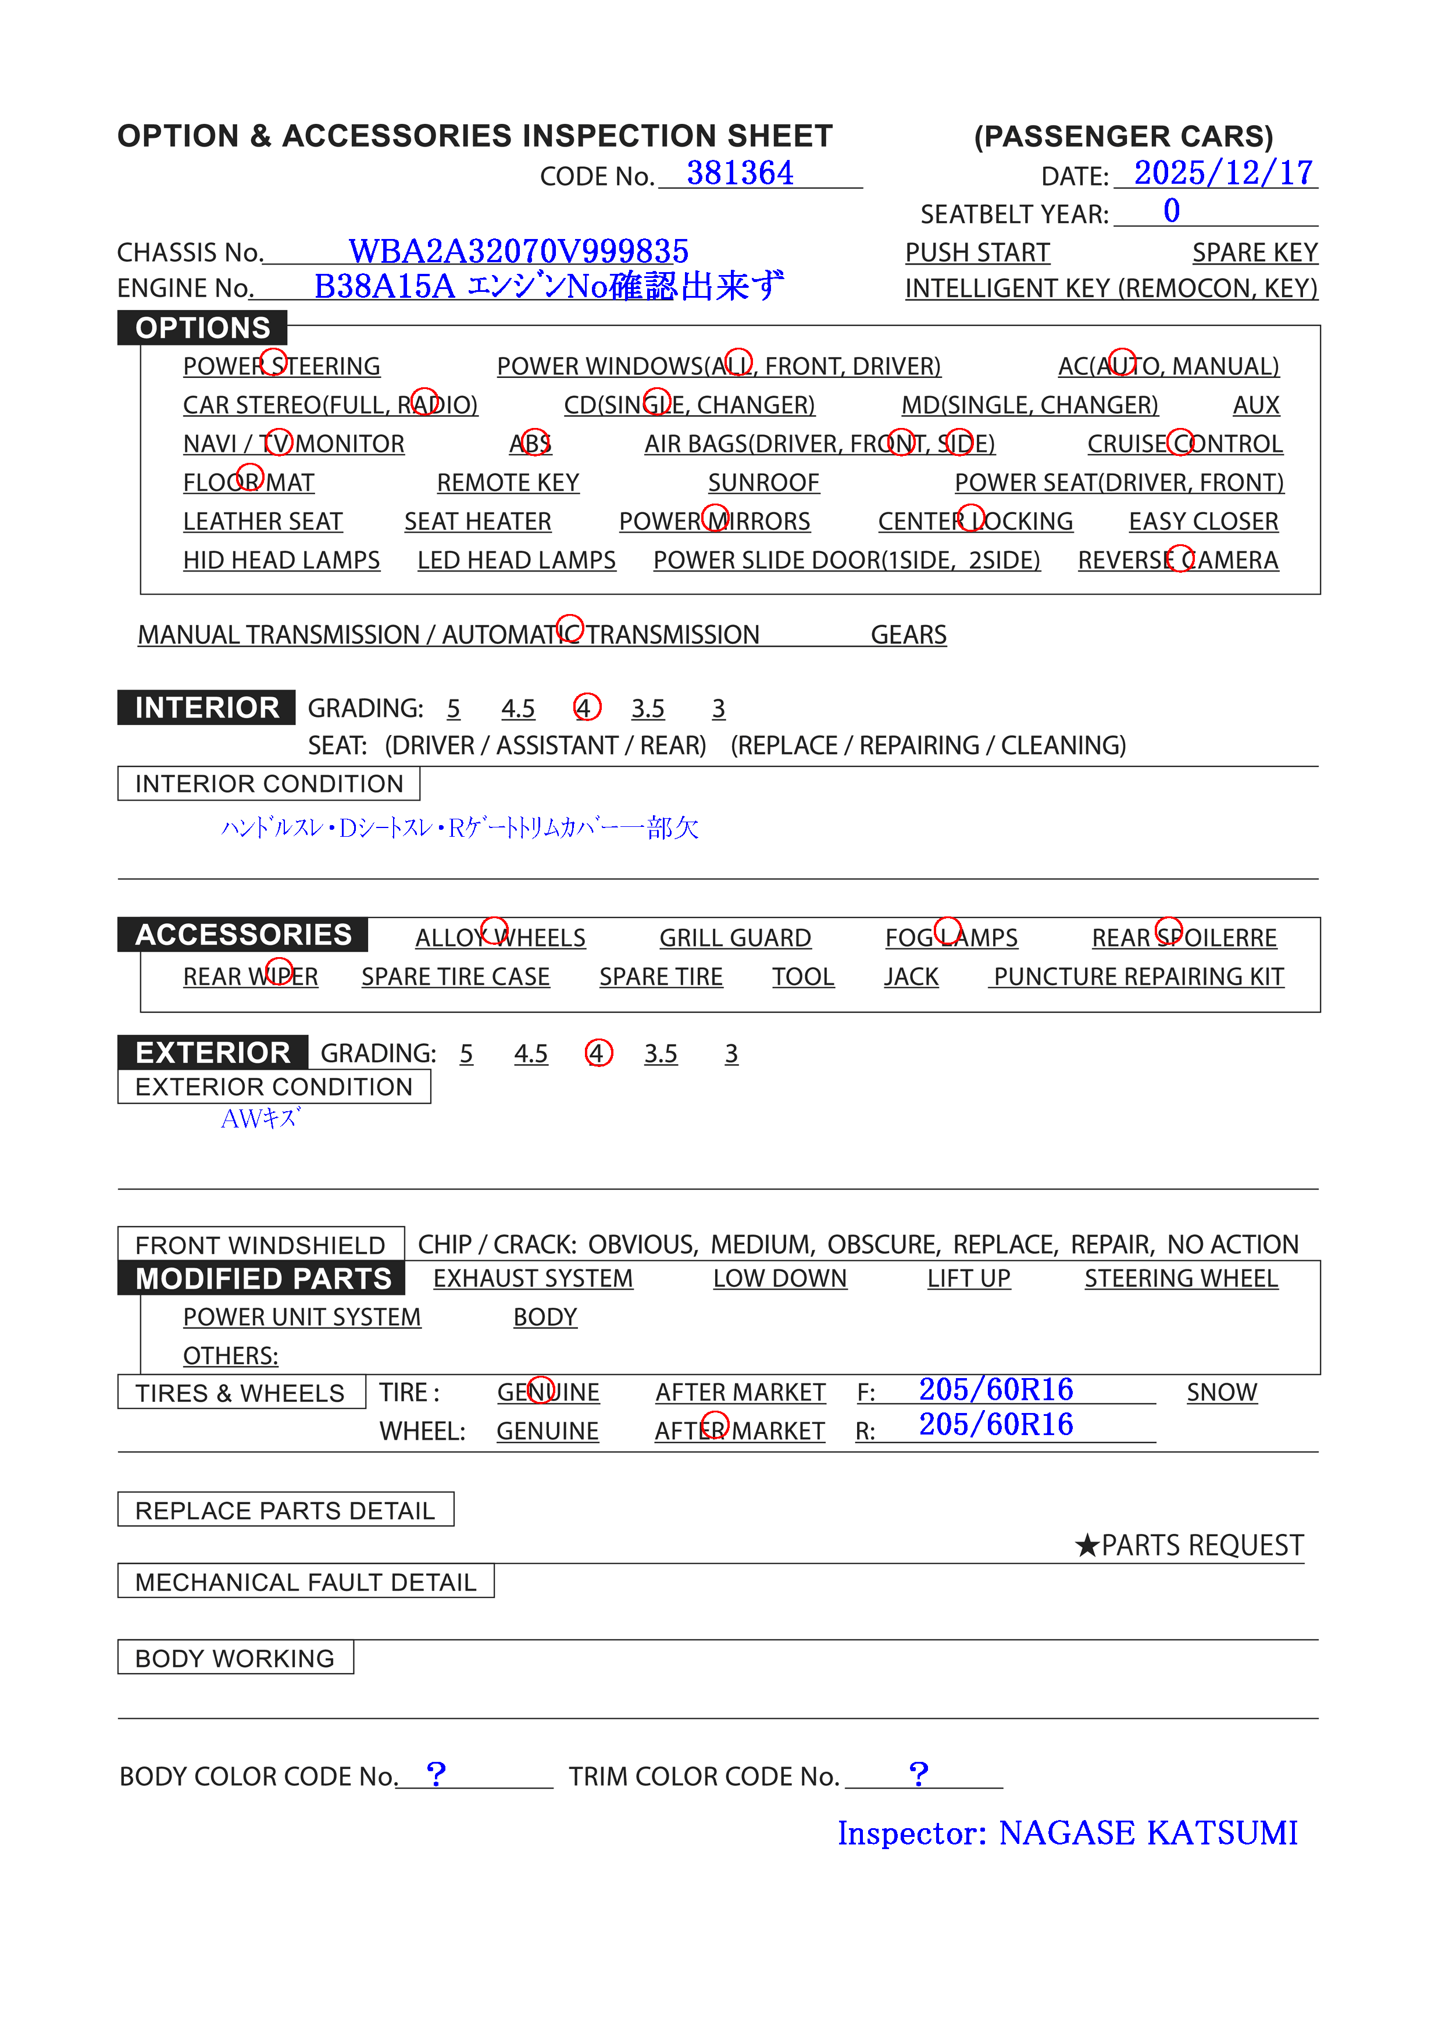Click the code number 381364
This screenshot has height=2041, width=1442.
pyautogui.click(x=739, y=173)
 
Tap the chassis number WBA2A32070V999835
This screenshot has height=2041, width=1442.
pyautogui.click(x=518, y=252)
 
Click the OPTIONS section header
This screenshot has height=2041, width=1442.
pyautogui.click(x=203, y=328)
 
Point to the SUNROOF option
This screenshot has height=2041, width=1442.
pyautogui.click(x=763, y=483)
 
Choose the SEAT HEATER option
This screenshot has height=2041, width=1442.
pyautogui.click(x=477, y=522)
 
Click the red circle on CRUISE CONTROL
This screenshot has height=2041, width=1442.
pyautogui.click(x=1182, y=442)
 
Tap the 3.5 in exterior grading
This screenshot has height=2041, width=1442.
pyautogui.click(x=661, y=1054)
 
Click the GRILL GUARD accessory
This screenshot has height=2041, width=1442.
pyautogui.click(x=734, y=938)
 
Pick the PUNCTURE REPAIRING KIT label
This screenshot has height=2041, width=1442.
pyautogui.click(x=1138, y=977)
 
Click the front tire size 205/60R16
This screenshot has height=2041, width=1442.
pyautogui.click(x=995, y=1389)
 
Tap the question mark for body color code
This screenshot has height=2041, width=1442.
pyautogui.click(x=436, y=1774)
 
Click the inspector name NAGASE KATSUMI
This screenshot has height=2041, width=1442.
pyautogui.click(x=1148, y=1832)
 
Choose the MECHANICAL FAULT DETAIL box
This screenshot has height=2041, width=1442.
pyautogui.click(x=306, y=1582)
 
